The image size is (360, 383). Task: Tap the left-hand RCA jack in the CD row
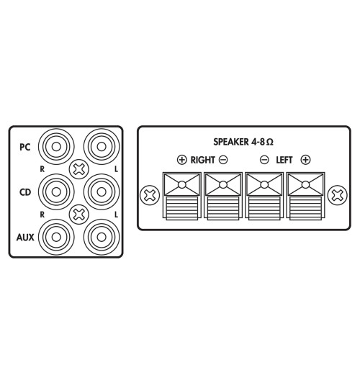click(54, 191)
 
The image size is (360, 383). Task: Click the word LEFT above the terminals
click(284, 159)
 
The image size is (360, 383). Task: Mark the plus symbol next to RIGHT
click(181, 159)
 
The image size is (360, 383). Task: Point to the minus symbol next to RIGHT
click(223, 159)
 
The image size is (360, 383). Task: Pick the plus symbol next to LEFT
click(305, 159)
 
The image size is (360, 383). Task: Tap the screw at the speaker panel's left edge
click(150, 194)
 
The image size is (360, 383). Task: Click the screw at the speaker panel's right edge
click(336, 194)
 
